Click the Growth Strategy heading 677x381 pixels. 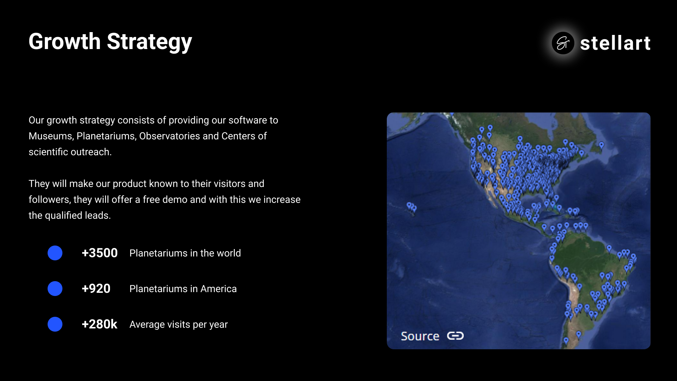click(110, 42)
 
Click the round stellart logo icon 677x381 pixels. click(563, 43)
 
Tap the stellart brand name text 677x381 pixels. click(615, 43)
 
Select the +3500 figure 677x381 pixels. click(99, 253)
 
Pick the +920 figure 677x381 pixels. click(96, 289)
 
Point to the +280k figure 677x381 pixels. click(99, 324)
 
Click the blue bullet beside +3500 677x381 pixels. click(55, 253)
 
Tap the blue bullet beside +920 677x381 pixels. click(55, 289)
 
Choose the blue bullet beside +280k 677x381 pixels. click(55, 324)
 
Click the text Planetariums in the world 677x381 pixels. click(185, 253)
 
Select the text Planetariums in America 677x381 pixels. click(183, 289)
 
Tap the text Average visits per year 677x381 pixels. click(178, 325)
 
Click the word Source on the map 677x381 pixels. click(420, 336)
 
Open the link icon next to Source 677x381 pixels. click(455, 335)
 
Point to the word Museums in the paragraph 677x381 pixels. click(51, 136)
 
